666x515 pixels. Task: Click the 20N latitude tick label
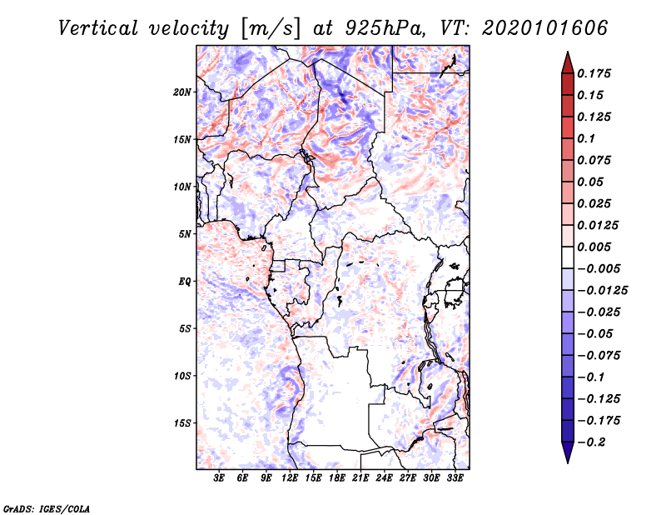[182, 92]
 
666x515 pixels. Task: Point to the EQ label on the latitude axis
[184, 281]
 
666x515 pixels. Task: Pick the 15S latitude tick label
[182, 422]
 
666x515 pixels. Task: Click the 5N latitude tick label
[185, 234]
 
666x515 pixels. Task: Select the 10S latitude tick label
[182, 376]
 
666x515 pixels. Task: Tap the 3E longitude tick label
[220, 478]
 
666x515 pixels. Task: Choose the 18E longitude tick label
[338, 478]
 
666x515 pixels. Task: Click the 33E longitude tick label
[455, 478]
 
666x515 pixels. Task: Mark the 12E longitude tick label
[291, 478]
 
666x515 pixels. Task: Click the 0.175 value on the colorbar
[596, 73]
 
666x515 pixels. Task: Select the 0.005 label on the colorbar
[596, 247]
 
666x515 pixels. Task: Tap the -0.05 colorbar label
[596, 333]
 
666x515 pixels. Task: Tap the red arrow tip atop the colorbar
[567, 59]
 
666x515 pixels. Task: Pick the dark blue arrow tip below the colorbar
[567, 454]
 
